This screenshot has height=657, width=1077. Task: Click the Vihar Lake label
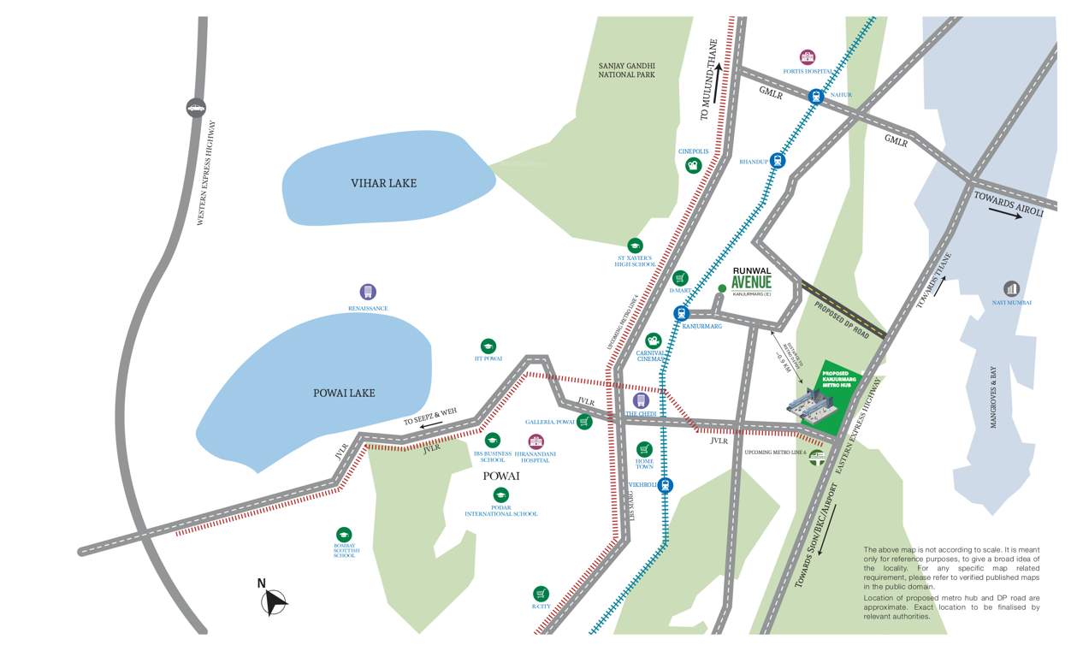pos(383,183)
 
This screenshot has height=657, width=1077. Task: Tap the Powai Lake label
pos(344,393)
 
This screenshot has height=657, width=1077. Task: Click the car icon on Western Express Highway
pos(196,108)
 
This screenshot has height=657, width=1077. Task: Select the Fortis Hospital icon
pos(807,57)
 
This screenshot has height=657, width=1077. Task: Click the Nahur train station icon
pos(816,97)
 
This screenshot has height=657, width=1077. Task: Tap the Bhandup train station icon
pos(777,160)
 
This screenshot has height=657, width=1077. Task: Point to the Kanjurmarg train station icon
pos(681,313)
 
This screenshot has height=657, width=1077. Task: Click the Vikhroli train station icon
pos(665,485)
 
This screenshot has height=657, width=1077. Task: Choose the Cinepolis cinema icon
pos(693,166)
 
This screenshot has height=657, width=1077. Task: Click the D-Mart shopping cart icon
pos(680,278)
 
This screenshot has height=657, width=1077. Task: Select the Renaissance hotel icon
pos(368,292)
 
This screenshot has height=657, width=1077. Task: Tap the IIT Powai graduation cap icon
pos(488,346)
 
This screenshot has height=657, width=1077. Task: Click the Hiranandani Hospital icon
pos(536,441)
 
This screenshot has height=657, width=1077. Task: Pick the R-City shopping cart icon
pos(541,593)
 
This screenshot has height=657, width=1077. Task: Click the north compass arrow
pos(275,603)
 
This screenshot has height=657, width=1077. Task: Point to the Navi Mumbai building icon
pos(1011,289)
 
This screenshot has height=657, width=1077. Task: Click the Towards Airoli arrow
pos(1004,214)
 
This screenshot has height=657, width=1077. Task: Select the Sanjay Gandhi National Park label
pos(626,69)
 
